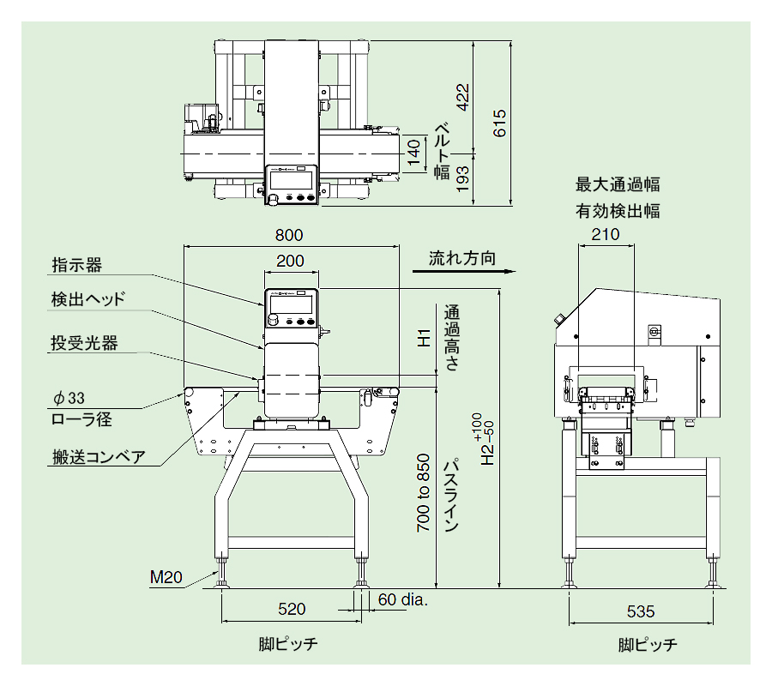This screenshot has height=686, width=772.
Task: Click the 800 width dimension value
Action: pos(289,235)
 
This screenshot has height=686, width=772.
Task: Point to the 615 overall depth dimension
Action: pos(500,123)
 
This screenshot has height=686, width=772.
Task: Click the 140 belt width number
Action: pos(415,153)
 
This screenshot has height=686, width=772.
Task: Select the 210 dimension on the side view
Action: pos(606,235)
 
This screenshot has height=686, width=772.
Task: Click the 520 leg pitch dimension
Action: pos(291,610)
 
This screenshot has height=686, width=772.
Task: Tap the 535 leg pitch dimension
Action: pos(640,611)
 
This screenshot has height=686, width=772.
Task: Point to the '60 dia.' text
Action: pos(403,599)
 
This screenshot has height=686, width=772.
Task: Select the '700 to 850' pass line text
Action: pos(423,504)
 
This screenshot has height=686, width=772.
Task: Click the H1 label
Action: pos(423,338)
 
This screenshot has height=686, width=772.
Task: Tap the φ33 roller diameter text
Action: pos(69,398)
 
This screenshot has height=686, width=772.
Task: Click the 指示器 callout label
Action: pos(76,265)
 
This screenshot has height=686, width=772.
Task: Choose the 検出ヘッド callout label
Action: pos(88,299)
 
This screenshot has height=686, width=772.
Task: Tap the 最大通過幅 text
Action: pos(618,184)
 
